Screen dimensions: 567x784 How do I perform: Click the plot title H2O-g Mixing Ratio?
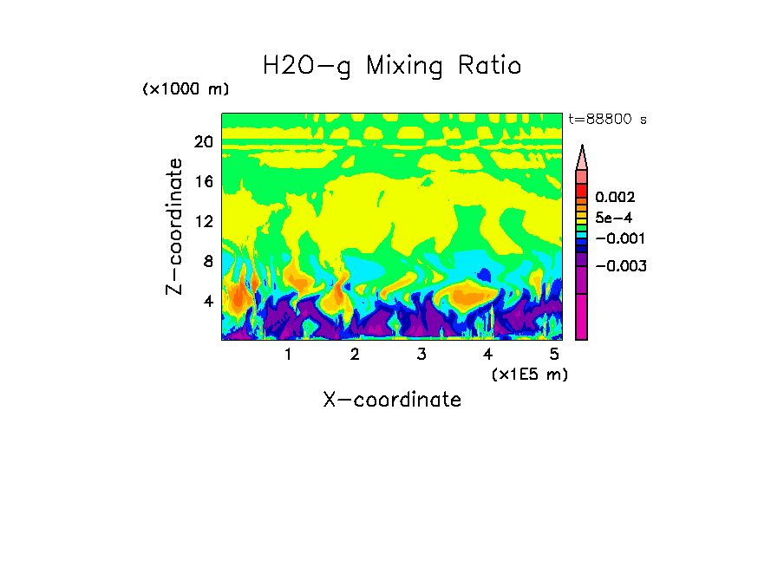(x=392, y=66)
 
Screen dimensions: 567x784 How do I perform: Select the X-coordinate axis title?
(x=392, y=400)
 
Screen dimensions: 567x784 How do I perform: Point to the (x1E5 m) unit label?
(x=529, y=374)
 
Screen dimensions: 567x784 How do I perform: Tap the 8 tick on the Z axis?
(x=207, y=262)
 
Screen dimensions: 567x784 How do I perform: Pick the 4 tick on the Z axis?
(x=207, y=302)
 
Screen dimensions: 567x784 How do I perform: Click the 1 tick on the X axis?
(x=288, y=354)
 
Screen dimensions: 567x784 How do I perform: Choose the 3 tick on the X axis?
(x=421, y=354)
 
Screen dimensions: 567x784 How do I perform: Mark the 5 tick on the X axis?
(x=554, y=354)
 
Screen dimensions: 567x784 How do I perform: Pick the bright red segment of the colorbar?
(x=582, y=190)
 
